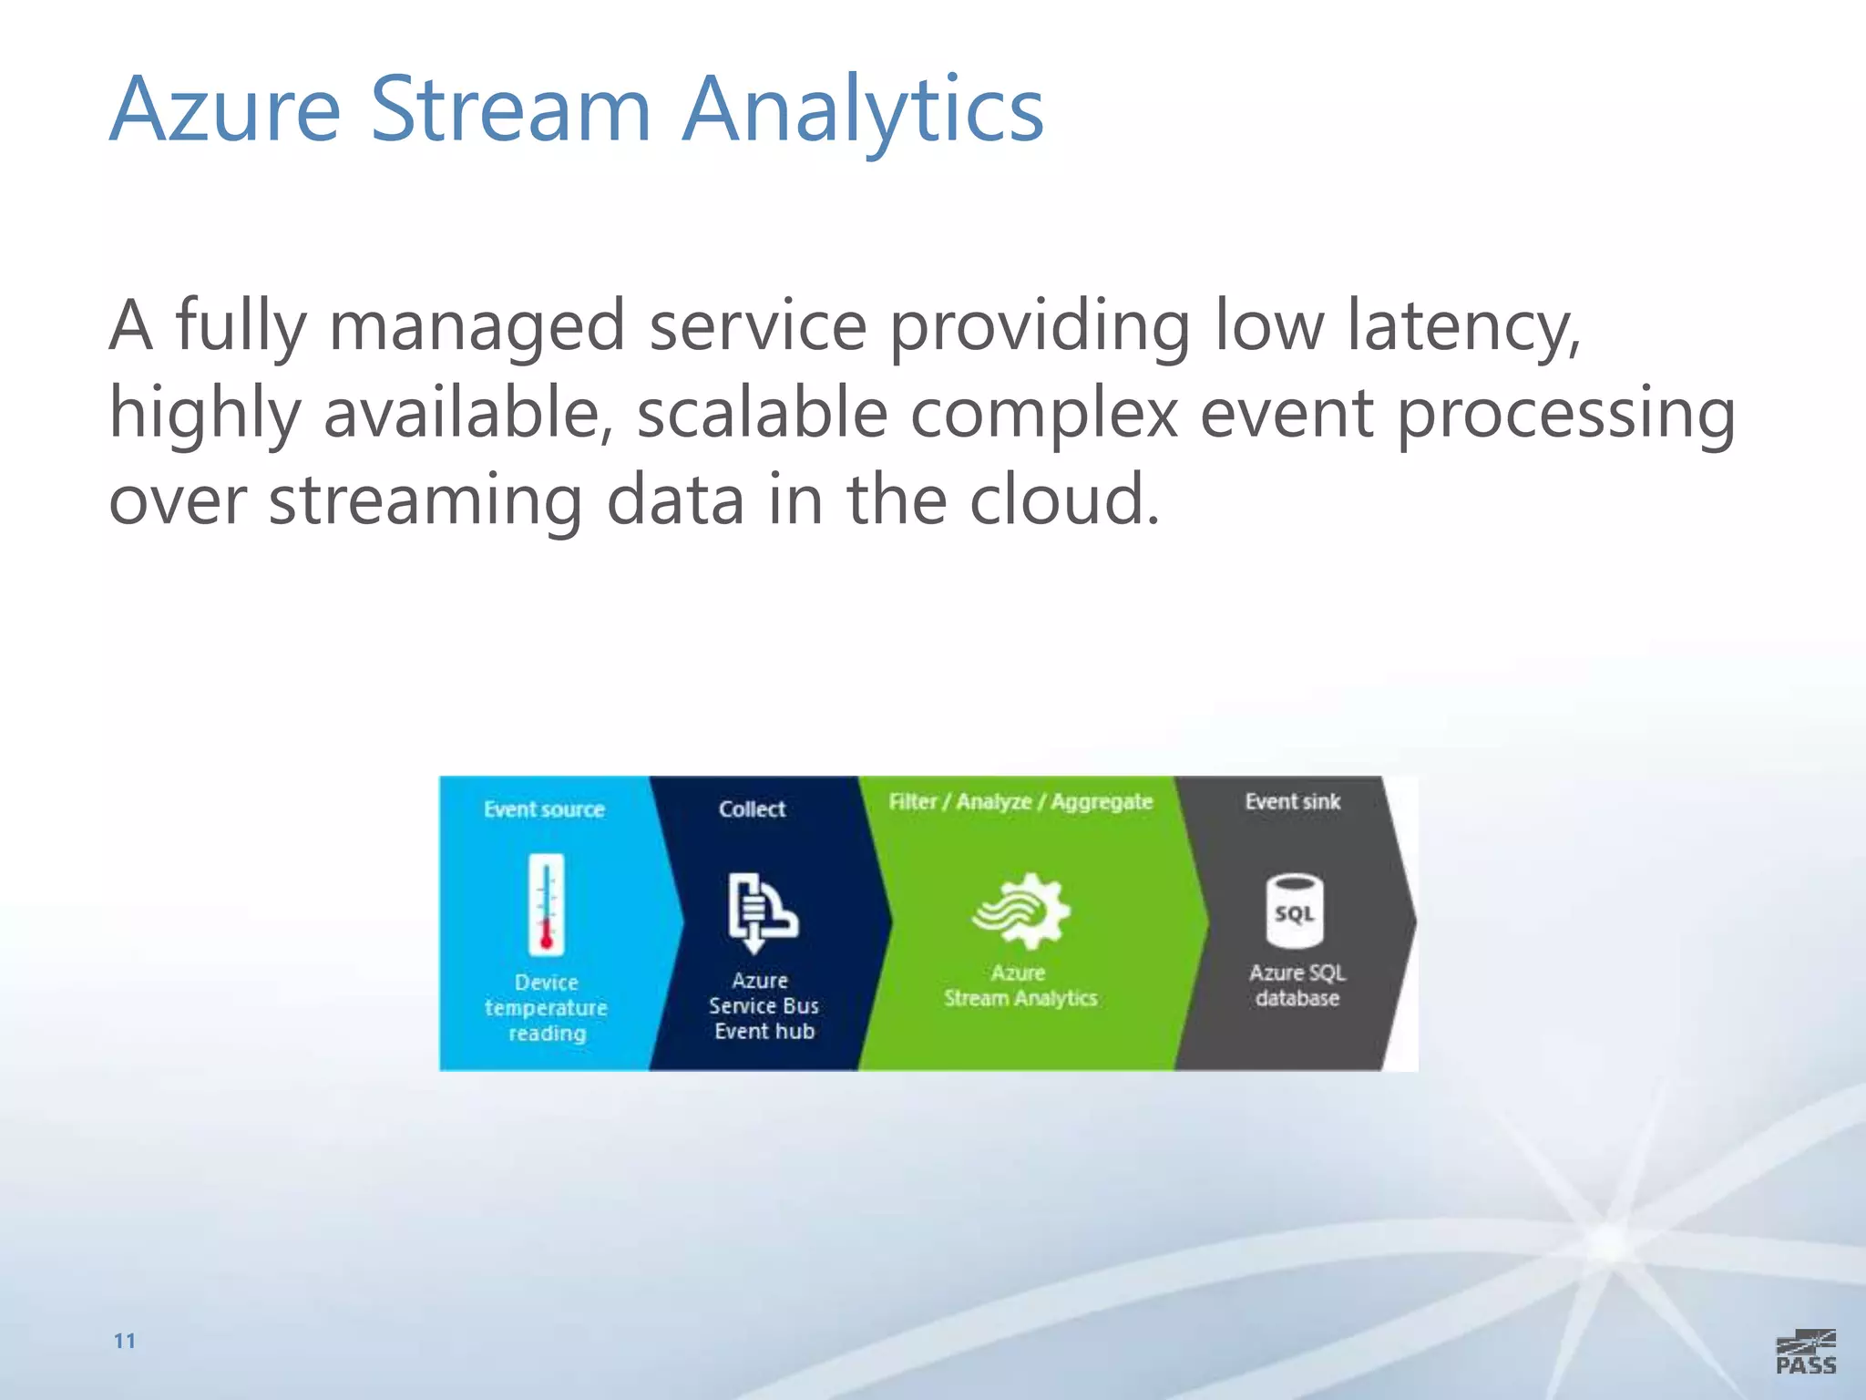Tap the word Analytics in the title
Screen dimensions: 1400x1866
tap(862, 111)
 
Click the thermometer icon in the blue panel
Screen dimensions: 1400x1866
tap(546, 904)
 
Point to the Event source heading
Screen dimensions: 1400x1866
tap(544, 809)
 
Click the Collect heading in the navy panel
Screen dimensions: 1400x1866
tap(752, 808)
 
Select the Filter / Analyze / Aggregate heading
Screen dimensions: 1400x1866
tap(1020, 801)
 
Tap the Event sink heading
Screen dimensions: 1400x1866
tap(1292, 801)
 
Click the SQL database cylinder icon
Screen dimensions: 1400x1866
tap(1294, 911)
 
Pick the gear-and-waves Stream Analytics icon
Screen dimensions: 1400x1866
tap(1021, 911)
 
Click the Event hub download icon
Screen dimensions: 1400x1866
tap(762, 912)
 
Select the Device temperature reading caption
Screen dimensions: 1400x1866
tap(546, 1007)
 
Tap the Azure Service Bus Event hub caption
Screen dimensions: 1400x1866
tap(764, 1005)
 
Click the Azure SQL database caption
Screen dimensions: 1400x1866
tap(1297, 985)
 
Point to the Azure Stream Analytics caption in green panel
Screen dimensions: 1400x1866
tap(1020, 985)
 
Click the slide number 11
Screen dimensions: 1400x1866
tap(125, 1341)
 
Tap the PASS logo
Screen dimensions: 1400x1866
tap(1805, 1352)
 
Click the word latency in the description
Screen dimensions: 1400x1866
tap(1463, 326)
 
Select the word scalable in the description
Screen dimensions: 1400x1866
tap(762, 413)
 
